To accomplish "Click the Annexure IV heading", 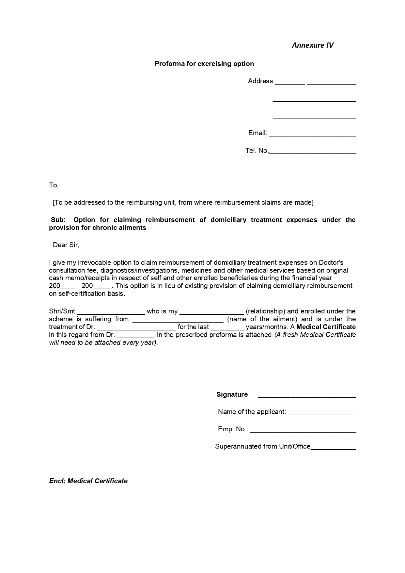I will tap(312, 45).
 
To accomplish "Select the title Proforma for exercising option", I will tap(204, 64).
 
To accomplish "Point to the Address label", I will tap(261, 81).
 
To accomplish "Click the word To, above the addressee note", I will tap(54, 185).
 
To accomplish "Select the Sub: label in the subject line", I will tap(58, 220).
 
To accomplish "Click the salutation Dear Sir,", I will tap(66, 245).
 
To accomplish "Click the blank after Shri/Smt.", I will tap(111, 312).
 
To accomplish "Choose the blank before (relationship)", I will tap(211, 312).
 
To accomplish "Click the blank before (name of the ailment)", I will tap(178, 320).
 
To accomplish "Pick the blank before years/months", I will tap(227, 328).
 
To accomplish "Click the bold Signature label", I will tap(232, 394).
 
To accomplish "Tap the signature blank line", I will tap(307, 396).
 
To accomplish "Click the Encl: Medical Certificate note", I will tap(88, 481).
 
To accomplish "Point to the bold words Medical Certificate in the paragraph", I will tap(326, 327).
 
